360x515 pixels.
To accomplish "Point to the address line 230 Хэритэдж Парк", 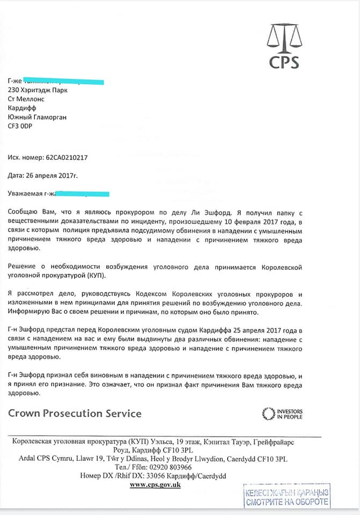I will (x=38, y=90).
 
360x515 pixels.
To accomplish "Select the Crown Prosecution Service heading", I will (x=75, y=413).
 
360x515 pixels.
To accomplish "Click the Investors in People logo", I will (x=282, y=414).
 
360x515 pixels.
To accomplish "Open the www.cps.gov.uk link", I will (x=156, y=485).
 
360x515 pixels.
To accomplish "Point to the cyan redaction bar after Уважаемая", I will (x=80, y=193).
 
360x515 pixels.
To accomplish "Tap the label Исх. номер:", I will (x=23, y=158).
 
